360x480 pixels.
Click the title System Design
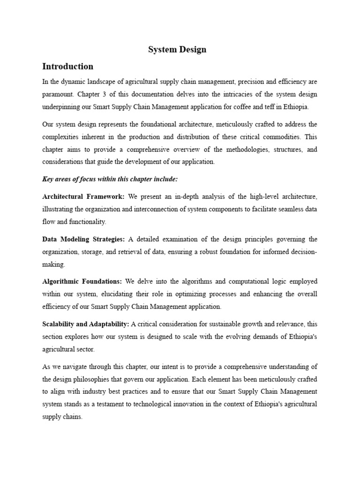[177, 49]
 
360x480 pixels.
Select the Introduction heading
[67, 66]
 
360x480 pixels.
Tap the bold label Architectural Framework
[83, 196]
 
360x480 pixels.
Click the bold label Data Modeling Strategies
[83, 239]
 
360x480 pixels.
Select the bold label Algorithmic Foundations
[82, 281]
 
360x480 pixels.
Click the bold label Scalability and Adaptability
[86, 324]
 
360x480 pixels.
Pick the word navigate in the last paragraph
[78, 367]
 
